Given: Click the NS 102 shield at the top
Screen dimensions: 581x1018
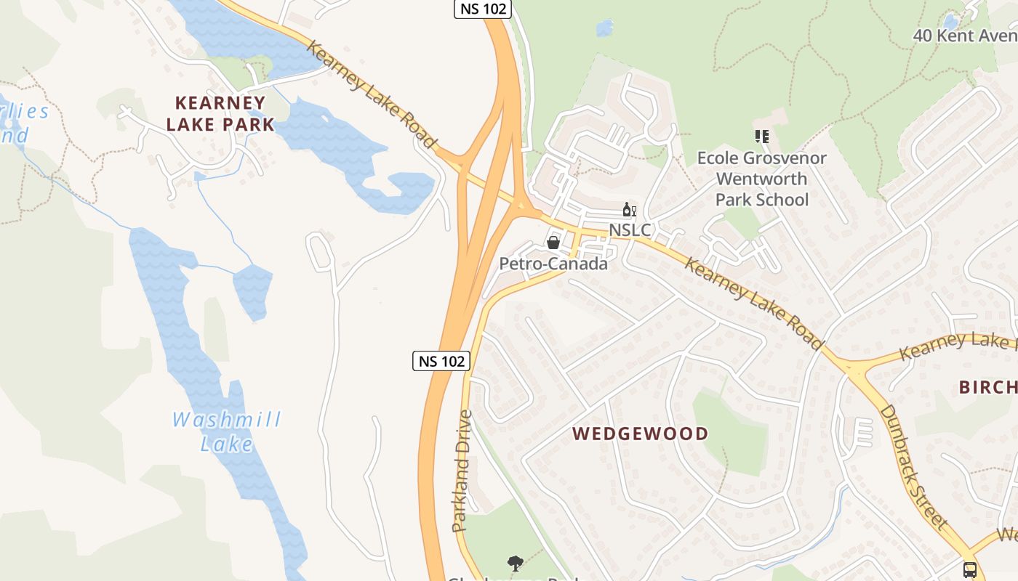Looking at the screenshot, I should pyautogui.click(x=483, y=9).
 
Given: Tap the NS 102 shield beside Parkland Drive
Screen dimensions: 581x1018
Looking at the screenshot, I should pyautogui.click(x=441, y=360).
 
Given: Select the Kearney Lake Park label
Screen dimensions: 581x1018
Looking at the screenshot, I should pyautogui.click(x=220, y=113).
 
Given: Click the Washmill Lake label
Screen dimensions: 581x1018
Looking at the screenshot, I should pyautogui.click(x=227, y=431).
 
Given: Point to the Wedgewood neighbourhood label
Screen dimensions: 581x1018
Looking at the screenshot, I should pyautogui.click(x=640, y=434).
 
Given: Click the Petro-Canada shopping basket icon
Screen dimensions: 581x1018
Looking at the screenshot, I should pyautogui.click(x=553, y=243).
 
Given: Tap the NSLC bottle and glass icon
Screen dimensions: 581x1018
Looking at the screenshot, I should pyautogui.click(x=629, y=210).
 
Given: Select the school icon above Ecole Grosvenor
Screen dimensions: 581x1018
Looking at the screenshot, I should pyautogui.click(x=761, y=136).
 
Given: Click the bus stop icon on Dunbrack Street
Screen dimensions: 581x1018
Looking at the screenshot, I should pyautogui.click(x=969, y=569).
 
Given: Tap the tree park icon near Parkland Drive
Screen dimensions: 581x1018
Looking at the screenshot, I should pyautogui.click(x=516, y=563).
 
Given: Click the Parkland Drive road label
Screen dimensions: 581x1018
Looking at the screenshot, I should pyautogui.click(x=462, y=471).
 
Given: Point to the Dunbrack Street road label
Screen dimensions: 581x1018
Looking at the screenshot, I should pyautogui.click(x=913, y=466).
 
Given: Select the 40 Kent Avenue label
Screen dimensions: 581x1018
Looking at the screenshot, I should pyautogui.click(x=964, y=35).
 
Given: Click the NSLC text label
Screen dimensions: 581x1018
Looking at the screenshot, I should pyautogui.click(x=630, y=230).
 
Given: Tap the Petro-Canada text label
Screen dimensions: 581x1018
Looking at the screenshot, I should pyautogui.click(x=553, y=264).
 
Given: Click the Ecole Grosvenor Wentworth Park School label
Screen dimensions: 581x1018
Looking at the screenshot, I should pyautogui.click(x=761, y=179).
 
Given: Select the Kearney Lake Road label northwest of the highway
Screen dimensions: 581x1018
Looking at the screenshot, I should pyautogui.click(x=372, y=95).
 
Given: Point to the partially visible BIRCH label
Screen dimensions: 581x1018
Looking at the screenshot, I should pyautogui.click(x=987, y=387).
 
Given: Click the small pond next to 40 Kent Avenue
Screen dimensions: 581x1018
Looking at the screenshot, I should pyautogui.click(x=951, y=22).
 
